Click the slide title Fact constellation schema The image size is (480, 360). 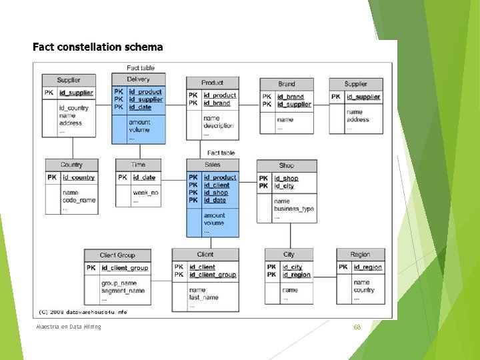[x=97, y=47]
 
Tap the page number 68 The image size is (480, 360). [x=357, y=327]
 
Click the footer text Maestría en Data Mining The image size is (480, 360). [x=69, y=326]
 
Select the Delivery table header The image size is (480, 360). [x=138, y=79]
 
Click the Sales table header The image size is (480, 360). [x=213, y=164]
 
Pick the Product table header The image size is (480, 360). [x=212, y=83]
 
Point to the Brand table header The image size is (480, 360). [x=287, y=84]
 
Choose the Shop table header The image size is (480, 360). [x=287, y=165]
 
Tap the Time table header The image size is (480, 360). [x=138, y=165]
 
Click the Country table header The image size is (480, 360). [x=71, y=165]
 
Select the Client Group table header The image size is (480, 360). [x=117, y=255]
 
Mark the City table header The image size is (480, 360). [x=289, y=254]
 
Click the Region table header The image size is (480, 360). [x=360, y=254]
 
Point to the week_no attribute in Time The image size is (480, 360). [x=145, y=193]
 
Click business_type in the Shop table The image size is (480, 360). [x=294, y=209]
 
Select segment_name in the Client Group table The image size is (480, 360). [x=123, y=291]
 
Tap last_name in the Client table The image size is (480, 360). [x=203, y=298]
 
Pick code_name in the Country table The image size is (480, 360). [x=79, y=200]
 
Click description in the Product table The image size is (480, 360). [x=219, y=125]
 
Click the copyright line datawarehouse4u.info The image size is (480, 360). [x=83, y=312]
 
